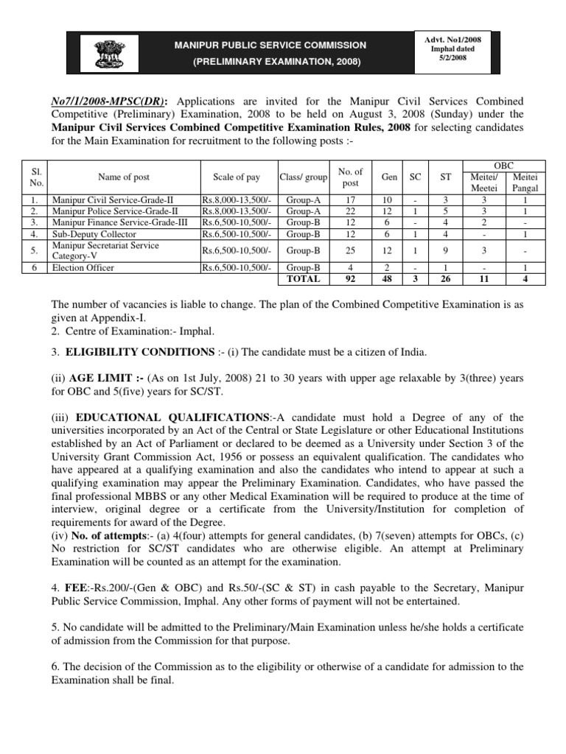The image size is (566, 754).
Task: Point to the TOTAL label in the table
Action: pyautogui.click(x=304, y=279)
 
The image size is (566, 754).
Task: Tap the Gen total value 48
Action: pyautogui.click(x=386, y=279)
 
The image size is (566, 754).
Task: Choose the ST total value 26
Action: pyautogui.click(x=444, y=279)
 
